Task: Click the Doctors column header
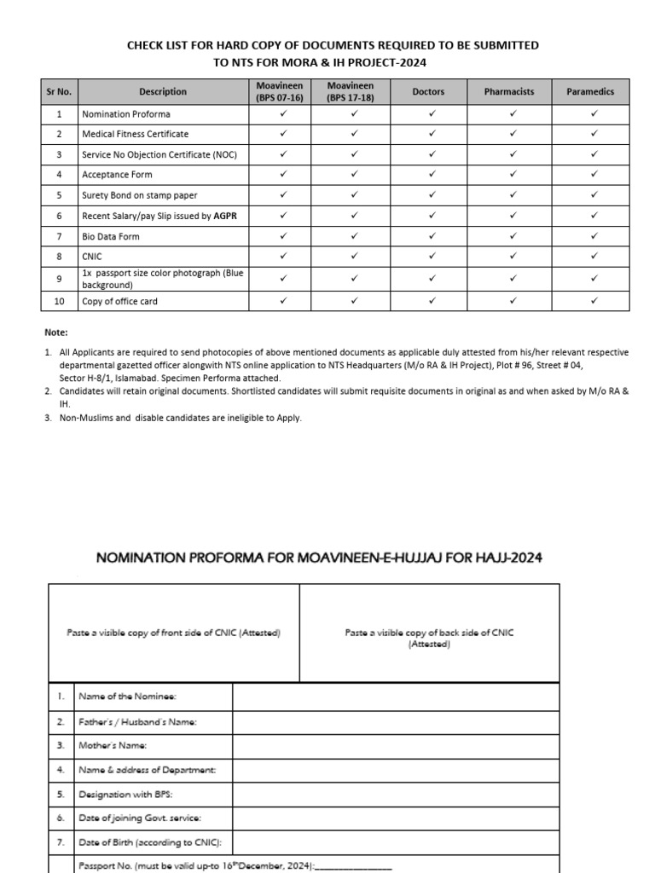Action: coord(428,92)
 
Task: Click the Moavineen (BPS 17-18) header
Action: coord(351,92)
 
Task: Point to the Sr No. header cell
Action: coord(59,92)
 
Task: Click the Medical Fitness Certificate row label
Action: coord(135,134)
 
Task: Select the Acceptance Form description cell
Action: coord(117,175)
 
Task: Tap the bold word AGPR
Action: coord(226,216)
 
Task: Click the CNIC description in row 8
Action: coord(92,257)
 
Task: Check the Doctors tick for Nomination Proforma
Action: coord(432,113)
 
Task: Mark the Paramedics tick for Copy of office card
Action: coord(594,301)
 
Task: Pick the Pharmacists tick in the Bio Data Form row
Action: coord(513,236)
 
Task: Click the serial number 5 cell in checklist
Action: coord(59,195)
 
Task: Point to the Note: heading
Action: coord(55,332)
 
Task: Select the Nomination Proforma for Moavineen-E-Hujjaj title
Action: coord(319,558)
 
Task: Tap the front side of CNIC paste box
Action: coord(174,633)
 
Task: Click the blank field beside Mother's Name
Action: coord(396,746)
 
